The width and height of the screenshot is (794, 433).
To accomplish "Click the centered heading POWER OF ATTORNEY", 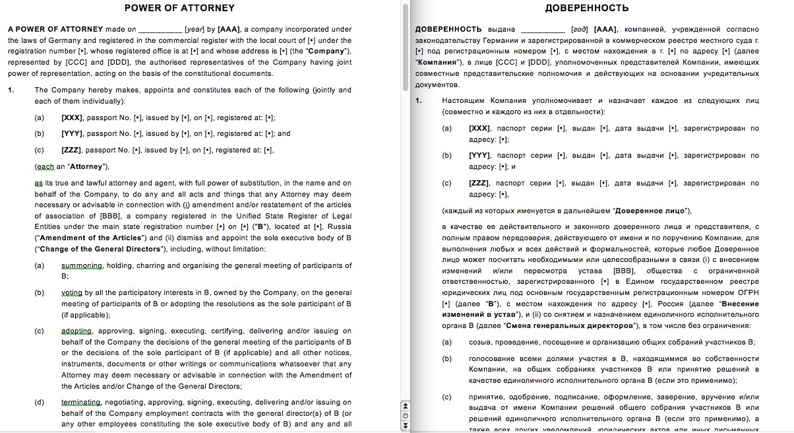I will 179,8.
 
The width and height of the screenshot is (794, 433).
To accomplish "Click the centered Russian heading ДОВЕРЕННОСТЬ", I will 587,9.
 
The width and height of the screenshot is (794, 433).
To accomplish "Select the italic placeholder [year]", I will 195,29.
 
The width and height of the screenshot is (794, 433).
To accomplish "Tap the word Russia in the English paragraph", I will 340,226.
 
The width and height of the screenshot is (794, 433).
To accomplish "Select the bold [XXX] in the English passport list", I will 71,117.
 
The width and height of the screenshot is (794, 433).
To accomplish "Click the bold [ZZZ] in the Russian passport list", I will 479,183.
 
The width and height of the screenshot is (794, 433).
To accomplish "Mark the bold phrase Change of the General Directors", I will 99,249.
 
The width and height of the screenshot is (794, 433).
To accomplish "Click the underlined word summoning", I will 82,265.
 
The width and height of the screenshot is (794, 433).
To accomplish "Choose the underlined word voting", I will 72,292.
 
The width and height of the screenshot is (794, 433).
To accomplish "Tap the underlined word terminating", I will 80,402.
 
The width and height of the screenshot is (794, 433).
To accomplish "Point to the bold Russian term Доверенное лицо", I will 651,211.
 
